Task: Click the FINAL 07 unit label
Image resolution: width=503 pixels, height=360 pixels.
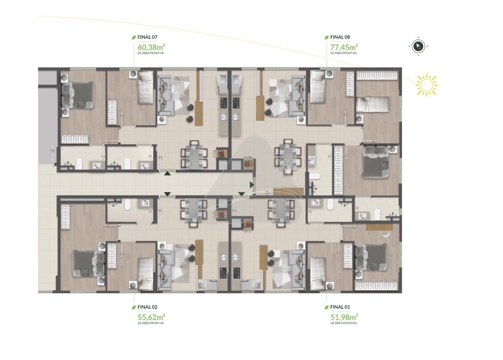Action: coord(147,37)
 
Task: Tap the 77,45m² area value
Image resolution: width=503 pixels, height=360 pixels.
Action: coord(344,47)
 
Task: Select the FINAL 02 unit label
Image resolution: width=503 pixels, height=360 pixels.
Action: coord(147,307)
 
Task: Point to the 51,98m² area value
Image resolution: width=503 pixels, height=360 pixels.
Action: coord(344,317)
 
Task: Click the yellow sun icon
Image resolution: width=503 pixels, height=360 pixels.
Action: coord(426,86)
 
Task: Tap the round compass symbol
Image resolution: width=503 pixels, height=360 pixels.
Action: coord(418,46)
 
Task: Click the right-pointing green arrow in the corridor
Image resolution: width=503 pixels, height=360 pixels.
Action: coord(252,185)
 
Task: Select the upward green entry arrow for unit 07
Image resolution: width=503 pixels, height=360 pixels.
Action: coord(168,173)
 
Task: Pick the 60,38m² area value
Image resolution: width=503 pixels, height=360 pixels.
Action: coord(151,47)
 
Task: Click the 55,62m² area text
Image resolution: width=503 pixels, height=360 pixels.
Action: coord(151,317)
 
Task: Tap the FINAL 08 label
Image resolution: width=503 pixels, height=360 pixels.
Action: coord(340,37)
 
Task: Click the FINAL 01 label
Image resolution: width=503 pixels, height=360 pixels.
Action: coord(340,307)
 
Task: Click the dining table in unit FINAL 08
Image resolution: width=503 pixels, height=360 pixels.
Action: coord(288,157)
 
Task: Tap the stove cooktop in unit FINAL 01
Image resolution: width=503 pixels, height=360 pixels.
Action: coord(236,273)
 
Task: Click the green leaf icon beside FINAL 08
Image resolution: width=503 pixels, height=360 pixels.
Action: coord(327,37)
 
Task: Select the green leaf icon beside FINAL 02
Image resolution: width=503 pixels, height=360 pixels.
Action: coord(134,307)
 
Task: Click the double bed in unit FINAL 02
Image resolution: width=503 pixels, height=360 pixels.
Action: coord(88,264)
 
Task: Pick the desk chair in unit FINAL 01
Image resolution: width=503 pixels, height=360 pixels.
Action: coord(386,234)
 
